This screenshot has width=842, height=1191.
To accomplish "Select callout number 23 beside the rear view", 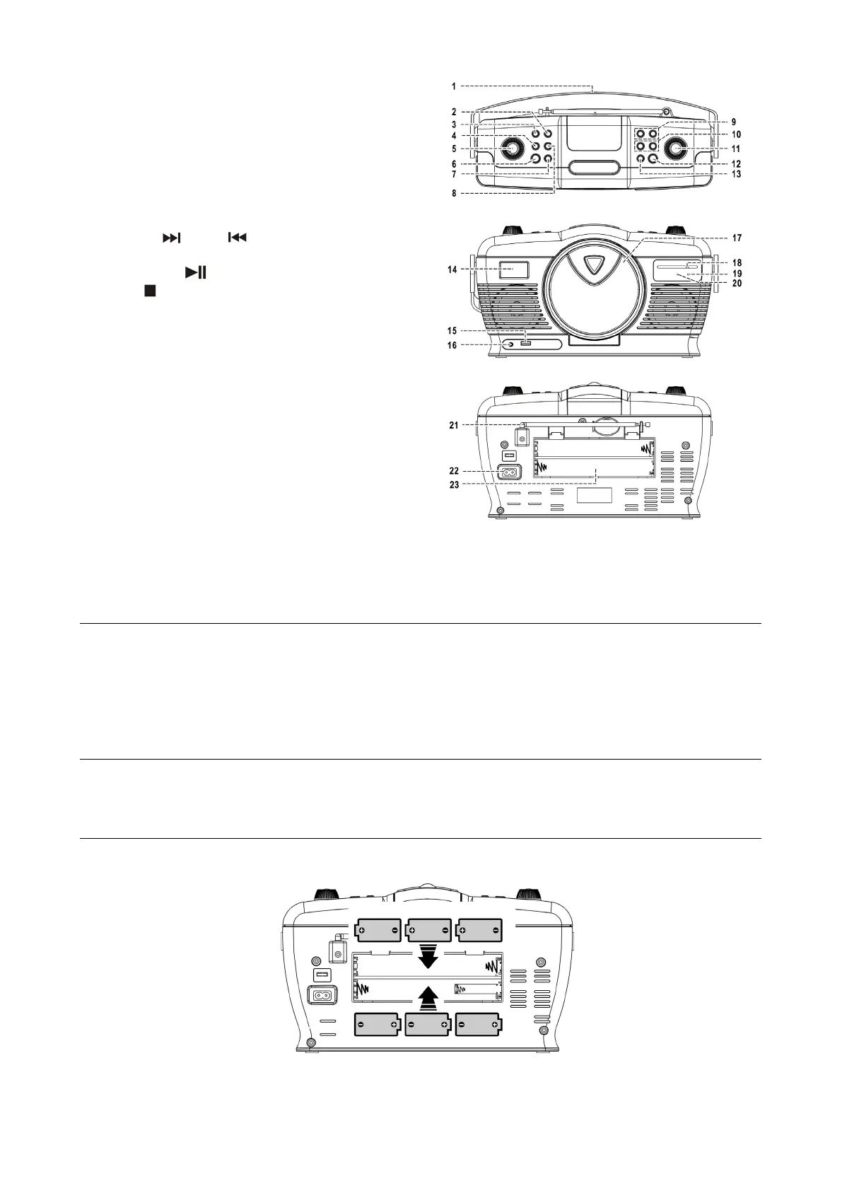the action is tap(454, 484).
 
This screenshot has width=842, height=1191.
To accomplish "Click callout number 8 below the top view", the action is tap(454, 192).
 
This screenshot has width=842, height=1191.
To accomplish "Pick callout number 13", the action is tap(736, 173).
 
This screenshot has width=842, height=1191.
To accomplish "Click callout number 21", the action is tap(454, 425).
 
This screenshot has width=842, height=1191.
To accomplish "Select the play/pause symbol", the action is tap(196, 272).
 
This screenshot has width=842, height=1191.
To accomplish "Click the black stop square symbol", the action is tap(150, 291).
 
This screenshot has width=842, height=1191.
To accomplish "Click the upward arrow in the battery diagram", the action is tap(426, 999).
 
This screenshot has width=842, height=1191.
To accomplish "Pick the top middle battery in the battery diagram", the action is tap(429, 930).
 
